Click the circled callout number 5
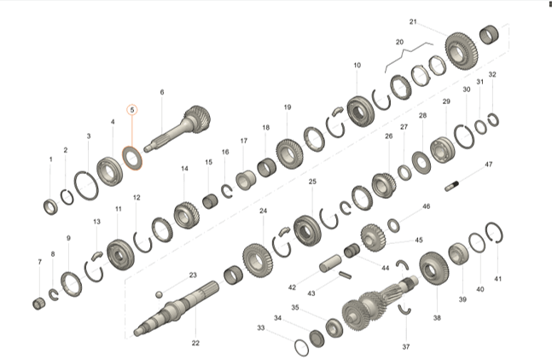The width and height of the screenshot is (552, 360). tap(132, 110)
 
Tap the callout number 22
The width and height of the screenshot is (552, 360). tap(195, 343)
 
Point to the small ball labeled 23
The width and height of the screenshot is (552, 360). tap(160, 294)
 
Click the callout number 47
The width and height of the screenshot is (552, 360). tap(488, 165)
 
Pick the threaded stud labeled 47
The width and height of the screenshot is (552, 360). tap(451, 185)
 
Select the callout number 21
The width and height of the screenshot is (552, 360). tap(413, 22)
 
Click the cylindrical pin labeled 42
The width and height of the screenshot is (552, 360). tap(330, 264)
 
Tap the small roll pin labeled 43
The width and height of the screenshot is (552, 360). tap(345, 275)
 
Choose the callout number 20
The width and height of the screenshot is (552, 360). tap(399, 43)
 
